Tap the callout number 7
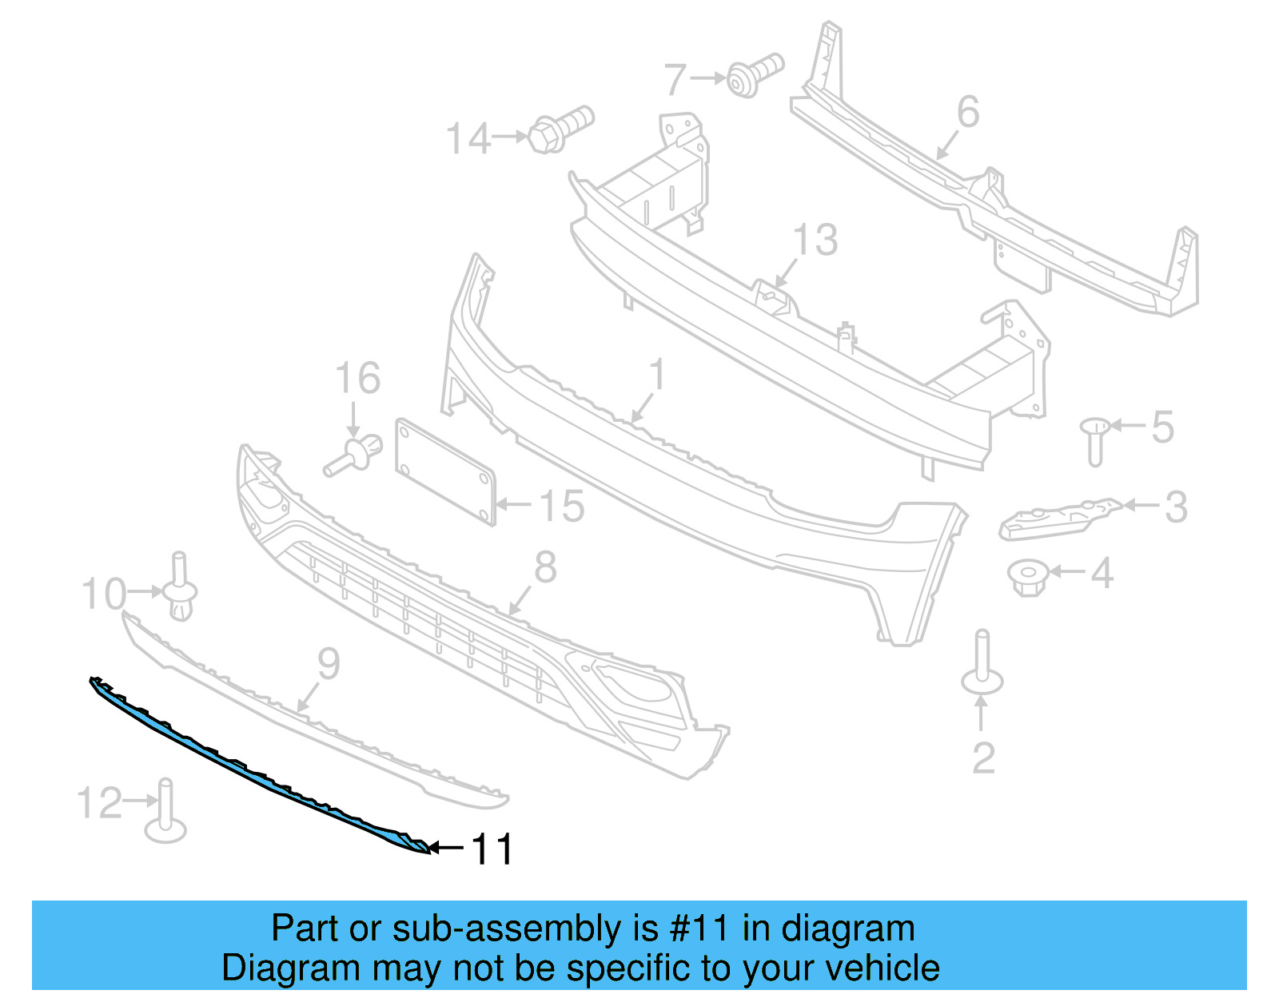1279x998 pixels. click(675, 80)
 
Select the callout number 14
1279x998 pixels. click(468, 139)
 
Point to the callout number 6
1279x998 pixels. click(968, 112)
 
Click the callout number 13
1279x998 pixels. click(815, 240)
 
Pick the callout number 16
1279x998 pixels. click(357, 378)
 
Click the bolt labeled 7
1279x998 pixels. click(754, 74)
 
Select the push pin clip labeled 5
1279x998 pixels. click(1095, 439)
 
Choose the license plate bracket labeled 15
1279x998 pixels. click(445, 471)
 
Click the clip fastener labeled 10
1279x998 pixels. click(180, 589)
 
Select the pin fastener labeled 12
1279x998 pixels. click(165, 813)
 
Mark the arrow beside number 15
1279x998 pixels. click(514, 504)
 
